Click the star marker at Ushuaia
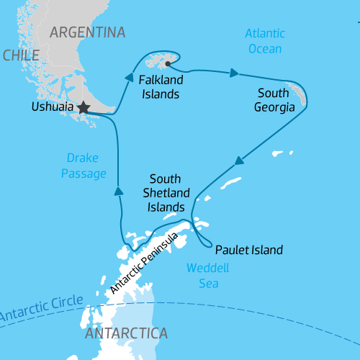click(x=84, y=107)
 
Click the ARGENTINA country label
click(x=87, y=32)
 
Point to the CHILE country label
click(x=20, y=55)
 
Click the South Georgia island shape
click(x=300, y=96)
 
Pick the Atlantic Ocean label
click(x=264, y=41)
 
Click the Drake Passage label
click(x=87, y=165)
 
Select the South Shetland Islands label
click(x=170, y=192)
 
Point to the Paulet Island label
click(x=249, y=251)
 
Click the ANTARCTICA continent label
click(x=126, y=334)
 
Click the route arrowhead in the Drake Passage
click(x=117, y=190)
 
